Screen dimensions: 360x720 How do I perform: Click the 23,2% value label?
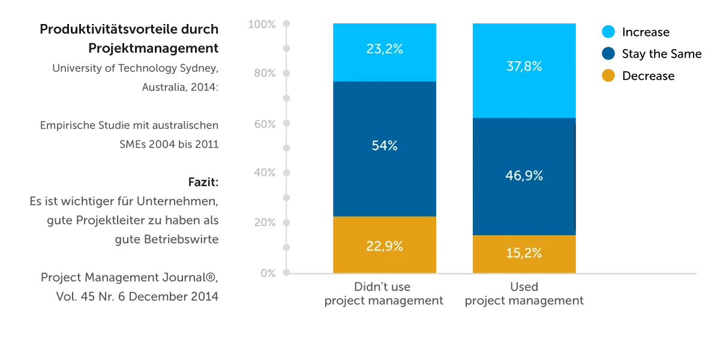click(x=384, y=49)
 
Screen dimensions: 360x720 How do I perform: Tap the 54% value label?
click(x=384, y=146)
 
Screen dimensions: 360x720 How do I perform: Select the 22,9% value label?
click(x=384, y=246)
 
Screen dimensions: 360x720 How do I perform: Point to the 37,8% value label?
click(x=524, y=67)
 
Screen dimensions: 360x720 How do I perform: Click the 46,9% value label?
click(x=524, y=176)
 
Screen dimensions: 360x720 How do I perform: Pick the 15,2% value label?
click(x=524, y=253)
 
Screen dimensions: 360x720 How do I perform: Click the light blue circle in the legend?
click(x=608, y=32)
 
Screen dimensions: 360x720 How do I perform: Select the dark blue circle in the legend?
click(x=608, y=54)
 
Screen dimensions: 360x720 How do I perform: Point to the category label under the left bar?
click(x=384, y=294)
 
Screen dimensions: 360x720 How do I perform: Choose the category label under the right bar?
click(x=524, y=294)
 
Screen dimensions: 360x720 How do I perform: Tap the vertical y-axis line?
click(x=286, y=150)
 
